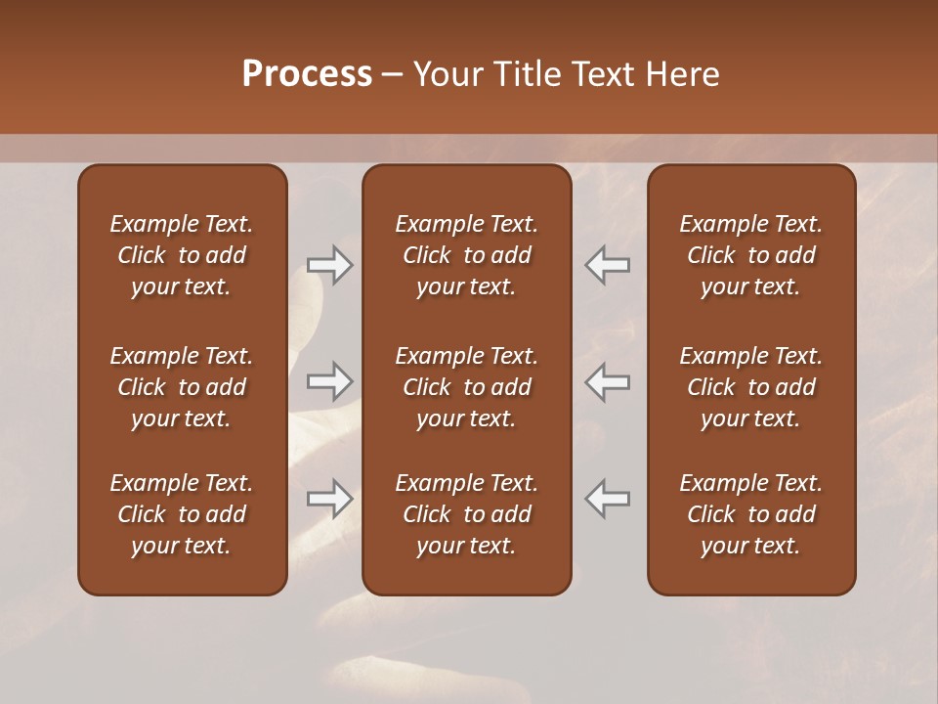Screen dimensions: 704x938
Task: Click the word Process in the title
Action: (x=307, y=74)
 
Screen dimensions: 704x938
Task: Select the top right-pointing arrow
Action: (x=330, y=265)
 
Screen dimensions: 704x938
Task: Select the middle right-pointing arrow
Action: (x=330, y=381)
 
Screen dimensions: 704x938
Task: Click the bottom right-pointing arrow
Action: (x=330, y=499)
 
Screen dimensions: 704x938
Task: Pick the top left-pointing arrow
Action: (x=607, y=265)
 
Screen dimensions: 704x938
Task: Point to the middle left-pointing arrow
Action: (x=607, y=381)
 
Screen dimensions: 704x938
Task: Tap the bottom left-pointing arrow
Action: (x=607, y=499)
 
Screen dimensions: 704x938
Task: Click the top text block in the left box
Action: (x=182, y=255)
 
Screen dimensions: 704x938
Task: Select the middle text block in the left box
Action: (x=182, y=387)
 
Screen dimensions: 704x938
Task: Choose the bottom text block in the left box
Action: (x=182, y=514)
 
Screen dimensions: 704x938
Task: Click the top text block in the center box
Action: (x=467, y=255)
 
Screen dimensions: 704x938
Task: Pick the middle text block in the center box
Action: (x=467, y=387)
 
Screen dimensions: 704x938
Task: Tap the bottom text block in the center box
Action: (x=467, y=514)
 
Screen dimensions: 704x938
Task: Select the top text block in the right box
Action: (x=751, y=255)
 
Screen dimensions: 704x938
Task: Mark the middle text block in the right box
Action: (x=751, y=387)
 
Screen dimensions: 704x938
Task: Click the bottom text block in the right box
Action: (x=751, y=514)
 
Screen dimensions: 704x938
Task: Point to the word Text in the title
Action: (x=603, y=74)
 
